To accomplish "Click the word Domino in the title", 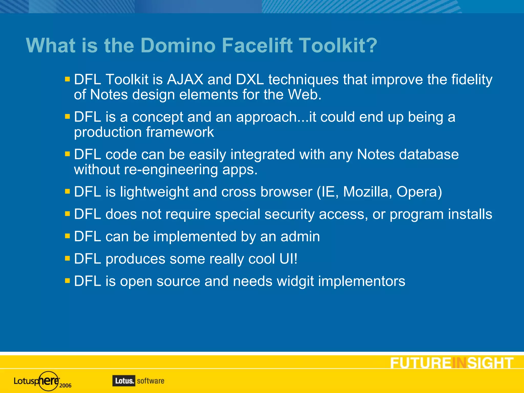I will coord(178,45).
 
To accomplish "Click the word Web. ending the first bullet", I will coord(304,95).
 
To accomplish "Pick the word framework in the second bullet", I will coord(180,132).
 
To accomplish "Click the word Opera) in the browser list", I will coord(419,192).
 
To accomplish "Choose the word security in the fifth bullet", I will coord(289,214).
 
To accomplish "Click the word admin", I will coord(300,236).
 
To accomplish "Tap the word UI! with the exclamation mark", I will coord(288,259).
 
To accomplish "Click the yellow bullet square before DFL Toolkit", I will coord(68,79).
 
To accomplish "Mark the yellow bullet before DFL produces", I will coord(68,258).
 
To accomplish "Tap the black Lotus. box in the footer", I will coord(124,381).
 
